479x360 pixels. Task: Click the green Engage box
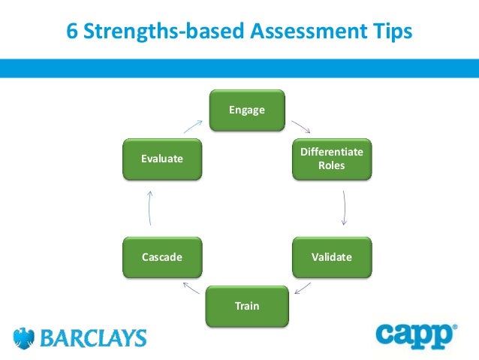tap(247, 110)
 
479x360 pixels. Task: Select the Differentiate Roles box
tap(331, 159)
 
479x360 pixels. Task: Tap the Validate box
tap(331, 257)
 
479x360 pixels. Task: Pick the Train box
tap(247, 306)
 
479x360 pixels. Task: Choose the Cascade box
tap(162, 257)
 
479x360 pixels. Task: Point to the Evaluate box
tap(162, 159)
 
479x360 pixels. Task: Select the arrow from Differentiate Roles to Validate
tap(345, 207)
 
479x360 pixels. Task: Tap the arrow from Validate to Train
tap(303, 287)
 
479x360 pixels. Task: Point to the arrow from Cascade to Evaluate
tap(150, 207)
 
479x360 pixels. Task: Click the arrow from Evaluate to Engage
tap(193, 126)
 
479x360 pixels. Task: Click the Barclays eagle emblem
tap(24, 337)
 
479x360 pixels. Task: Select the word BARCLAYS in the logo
tap(93, 338)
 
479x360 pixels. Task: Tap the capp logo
tap(416, 336)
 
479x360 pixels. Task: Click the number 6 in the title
tap(72, 32)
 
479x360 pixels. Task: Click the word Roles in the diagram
tap(331, 165)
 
